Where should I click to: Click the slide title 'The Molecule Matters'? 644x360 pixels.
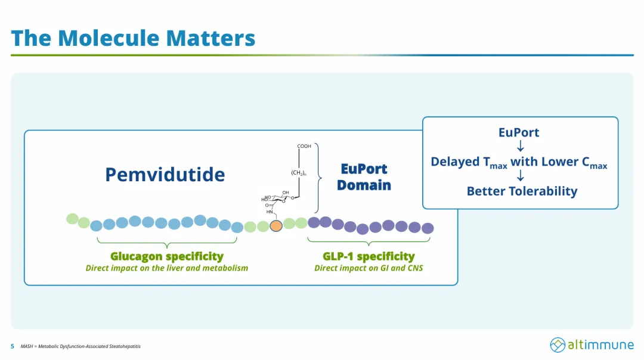(x=133, y=38)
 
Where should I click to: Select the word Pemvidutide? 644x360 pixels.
(x=165, y=174)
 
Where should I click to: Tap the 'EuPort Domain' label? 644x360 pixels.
(x=364, y=177)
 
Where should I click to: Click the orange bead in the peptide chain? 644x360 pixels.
(x=276, y=226)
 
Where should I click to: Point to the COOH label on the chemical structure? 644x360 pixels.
(x=304, y=146)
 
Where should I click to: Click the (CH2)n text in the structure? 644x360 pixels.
(x=298, y=173)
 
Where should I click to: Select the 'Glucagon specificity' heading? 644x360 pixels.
(x=167, y=256)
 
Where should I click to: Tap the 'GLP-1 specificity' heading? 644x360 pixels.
(x=369, y=256)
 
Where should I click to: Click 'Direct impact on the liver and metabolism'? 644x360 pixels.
(x=167, y=268)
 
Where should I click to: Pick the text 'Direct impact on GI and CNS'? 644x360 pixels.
(x=369, y=268)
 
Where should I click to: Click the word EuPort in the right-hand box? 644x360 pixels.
(x=519, y=132)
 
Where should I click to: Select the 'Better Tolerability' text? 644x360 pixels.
(x=522, y=191)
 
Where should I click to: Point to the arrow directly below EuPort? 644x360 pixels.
(x=521, y=146)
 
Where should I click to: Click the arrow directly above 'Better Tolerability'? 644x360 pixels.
(x=521, y=176)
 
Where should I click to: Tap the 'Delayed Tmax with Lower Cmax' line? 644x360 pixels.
(x=519, y=162)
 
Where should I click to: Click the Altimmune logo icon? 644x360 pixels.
(x=558, y=345)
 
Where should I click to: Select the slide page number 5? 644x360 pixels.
(x=13, y=346)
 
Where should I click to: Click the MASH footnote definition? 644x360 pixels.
(x=80, y=346)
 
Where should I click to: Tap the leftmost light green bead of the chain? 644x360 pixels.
(x=72, y=219)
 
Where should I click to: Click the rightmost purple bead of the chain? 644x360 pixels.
(x=428, y=228)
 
